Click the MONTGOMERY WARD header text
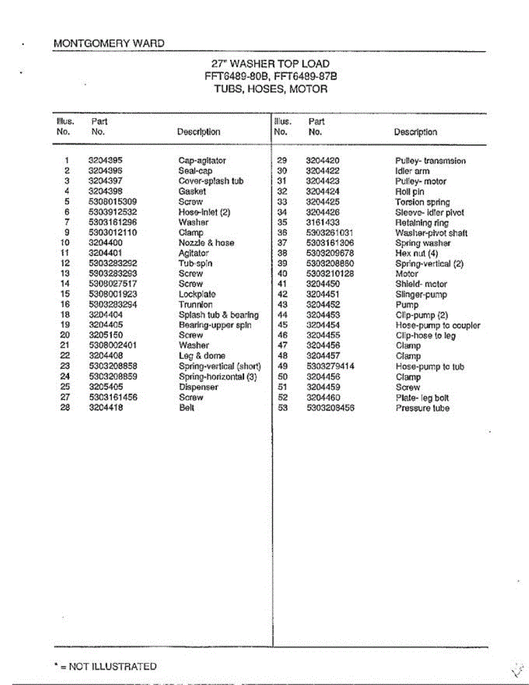click(108, 43)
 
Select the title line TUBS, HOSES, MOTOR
click(270, 89)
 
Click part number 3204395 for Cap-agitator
click(105, 160)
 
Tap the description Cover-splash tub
click(211, 181)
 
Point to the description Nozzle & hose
click(206, 243)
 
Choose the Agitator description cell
click(193, 253)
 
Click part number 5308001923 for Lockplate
click(113, 294)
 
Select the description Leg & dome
click(201, 356)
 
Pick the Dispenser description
click(198, 387)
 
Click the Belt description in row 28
click(187, 408)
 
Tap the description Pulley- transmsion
click(430, 161)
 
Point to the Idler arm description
click(412, 171)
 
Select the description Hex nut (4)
click(417, 253)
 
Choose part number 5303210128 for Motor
click(330, 274)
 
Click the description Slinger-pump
click(421, 295)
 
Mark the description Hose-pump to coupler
click(438, 325)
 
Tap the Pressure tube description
click(422, 408)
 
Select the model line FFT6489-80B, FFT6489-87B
click(270, 76)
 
